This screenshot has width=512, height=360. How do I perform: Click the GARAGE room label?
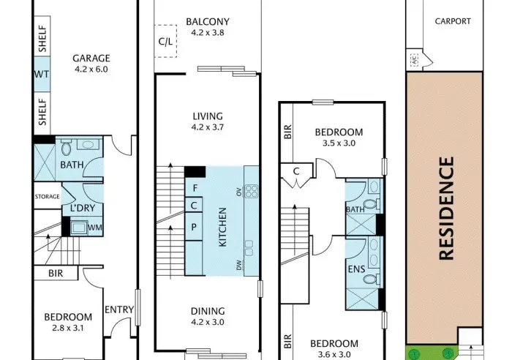coord(91,58)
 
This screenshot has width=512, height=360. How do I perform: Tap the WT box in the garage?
coord(42,74)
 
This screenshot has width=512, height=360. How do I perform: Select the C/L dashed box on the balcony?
coord(165,41)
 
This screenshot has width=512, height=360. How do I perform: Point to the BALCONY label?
coord(208,21)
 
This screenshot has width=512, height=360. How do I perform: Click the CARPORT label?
coord(453,21)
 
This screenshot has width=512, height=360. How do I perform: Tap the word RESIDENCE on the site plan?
coord(446,209)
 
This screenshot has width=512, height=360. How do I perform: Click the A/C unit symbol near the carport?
coord(415,61)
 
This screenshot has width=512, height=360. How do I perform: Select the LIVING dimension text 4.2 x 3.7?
coord(208,127)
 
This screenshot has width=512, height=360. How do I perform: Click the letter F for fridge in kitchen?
coord(195,188)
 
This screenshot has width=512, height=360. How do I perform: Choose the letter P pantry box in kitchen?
coord(194,227)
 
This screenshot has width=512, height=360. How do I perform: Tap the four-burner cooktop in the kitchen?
coord(252,192)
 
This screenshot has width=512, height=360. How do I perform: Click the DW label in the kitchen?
coord(239,265)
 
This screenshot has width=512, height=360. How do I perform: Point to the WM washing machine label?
coord(95,227)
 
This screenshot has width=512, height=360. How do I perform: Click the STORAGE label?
coord(48,196)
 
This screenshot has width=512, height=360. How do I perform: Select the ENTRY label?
coord(119,310)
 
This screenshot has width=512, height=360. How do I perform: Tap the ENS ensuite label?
coord(357,269)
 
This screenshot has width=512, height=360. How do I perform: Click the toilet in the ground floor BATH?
coord(67,148)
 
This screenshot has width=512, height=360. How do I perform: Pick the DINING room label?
coord(208,311)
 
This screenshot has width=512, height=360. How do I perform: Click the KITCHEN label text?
coord(222,227)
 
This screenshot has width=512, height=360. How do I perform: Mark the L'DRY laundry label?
coord(83,208)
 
